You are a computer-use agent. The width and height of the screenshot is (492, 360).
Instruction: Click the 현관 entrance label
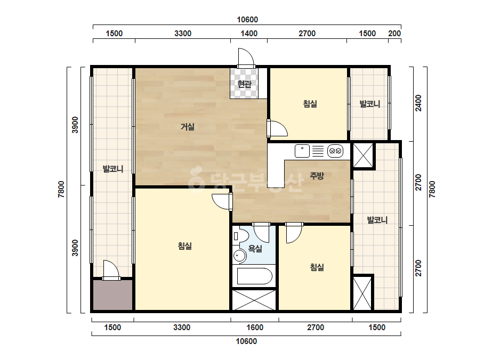point(244,84)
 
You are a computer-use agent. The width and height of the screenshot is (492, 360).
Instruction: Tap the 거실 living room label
point(187,127)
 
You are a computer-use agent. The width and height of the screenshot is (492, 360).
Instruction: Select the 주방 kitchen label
point(317,176)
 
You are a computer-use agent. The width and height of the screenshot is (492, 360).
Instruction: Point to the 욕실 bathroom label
point(255,249)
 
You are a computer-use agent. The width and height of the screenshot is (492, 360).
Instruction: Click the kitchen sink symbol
point(302,151)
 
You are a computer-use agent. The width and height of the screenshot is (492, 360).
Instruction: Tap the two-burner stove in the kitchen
point(335,151)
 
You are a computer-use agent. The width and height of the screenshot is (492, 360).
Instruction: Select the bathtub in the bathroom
point(254,276)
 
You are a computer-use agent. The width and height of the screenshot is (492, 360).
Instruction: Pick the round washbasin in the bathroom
point(240,256)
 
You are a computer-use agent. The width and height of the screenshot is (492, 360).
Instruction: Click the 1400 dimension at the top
point(249,33)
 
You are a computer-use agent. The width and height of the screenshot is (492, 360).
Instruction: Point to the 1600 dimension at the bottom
point(255,328)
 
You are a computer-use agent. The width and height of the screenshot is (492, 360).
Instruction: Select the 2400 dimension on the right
point(418,103)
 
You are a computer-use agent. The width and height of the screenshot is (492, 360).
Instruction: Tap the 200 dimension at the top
point(394,33)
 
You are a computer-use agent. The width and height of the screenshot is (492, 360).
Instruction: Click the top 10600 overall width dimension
point(247,20)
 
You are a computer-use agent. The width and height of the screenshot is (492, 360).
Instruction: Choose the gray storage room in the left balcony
point(112,295)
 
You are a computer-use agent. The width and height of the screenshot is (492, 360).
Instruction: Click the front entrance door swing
point(246,58)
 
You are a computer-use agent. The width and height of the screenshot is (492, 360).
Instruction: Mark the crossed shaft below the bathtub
point(254,300)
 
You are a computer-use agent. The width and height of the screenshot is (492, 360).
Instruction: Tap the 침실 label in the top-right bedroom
point(310,103)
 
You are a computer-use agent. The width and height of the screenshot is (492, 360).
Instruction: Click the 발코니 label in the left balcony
point(113,169)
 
